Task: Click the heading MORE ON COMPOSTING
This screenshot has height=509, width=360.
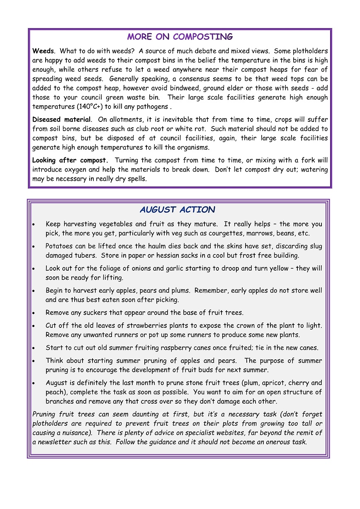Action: coord(180,37)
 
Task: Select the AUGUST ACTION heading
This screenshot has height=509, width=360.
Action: coord(178,210)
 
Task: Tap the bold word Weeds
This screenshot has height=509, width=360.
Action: coord(43,51)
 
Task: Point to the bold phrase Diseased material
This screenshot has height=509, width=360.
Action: coord(61,120)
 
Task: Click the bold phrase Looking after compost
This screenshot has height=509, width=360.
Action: coord(70,160)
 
